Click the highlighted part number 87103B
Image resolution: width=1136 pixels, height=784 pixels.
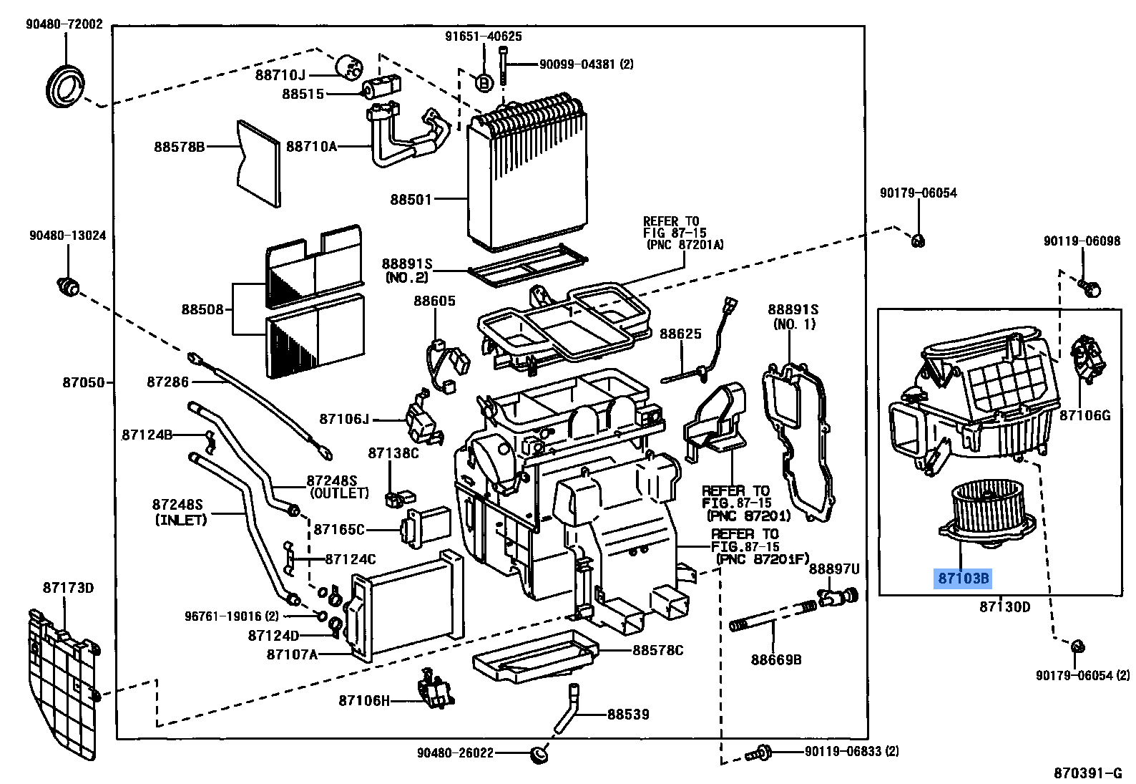coord(963,578)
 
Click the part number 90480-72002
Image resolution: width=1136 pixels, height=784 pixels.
coord(64,24)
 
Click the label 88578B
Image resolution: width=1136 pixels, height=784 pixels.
coord(179,147)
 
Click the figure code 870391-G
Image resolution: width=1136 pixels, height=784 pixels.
coord(1088,773)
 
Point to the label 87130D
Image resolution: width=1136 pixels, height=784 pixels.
coord(1004,607)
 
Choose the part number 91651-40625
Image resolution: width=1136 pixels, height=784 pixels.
coord(483,36)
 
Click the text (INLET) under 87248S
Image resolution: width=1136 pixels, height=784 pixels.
coord(180,520)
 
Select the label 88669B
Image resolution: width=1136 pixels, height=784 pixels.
coord(776,659)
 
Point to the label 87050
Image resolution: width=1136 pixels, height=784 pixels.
coord(84,382)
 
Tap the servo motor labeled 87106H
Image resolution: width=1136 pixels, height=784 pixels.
coord(435,690)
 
